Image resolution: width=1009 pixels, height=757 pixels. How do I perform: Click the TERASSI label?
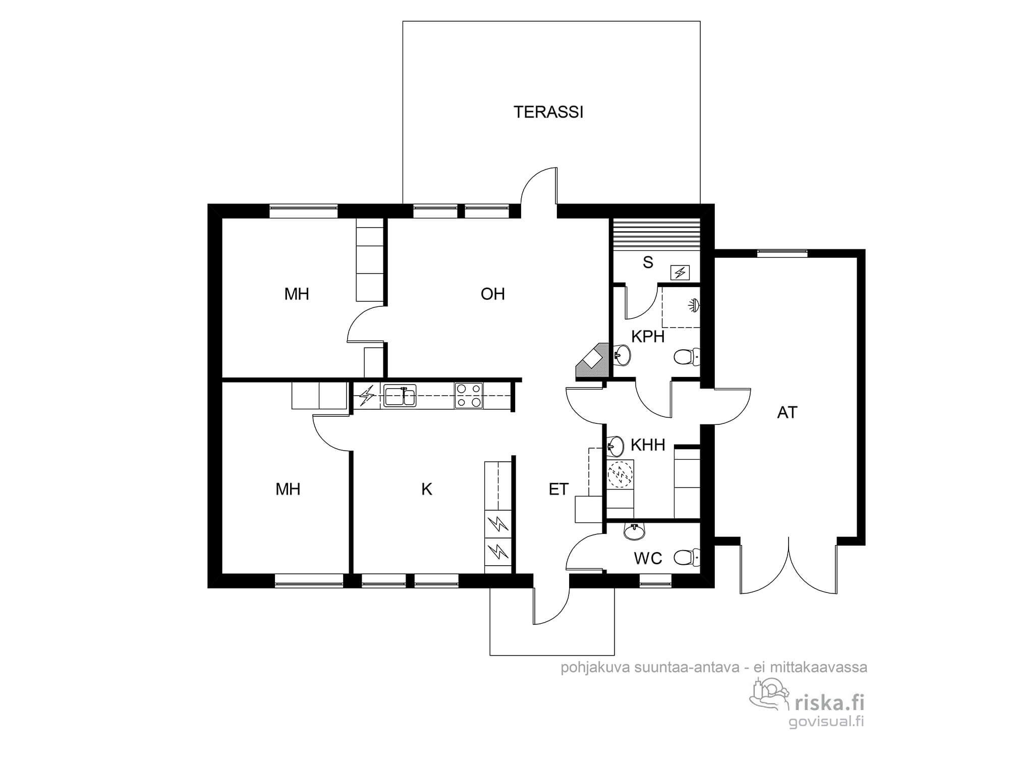pos(548,112)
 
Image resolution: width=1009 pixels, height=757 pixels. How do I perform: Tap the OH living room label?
pos(492,294)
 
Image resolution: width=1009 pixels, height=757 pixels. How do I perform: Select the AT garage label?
pos(787,412)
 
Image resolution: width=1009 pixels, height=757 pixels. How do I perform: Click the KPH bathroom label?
pos(648,337)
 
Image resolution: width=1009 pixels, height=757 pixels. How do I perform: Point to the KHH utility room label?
pos(648,445)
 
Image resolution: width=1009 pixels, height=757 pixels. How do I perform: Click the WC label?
pos(648,558)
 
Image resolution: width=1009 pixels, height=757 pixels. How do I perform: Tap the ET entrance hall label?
pos(558,489)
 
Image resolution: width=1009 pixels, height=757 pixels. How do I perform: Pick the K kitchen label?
pos(427,489)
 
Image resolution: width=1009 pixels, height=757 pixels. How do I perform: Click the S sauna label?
pos(648,262)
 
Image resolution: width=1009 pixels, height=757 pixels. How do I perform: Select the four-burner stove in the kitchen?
pos(469,395)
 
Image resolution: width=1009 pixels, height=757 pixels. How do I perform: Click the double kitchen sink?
pos(400,395)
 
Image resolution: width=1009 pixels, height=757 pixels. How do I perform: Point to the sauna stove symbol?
pos(680,273)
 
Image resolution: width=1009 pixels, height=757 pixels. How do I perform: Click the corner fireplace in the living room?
pos(593,360)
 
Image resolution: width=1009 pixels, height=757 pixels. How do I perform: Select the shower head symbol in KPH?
pos(694,305)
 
